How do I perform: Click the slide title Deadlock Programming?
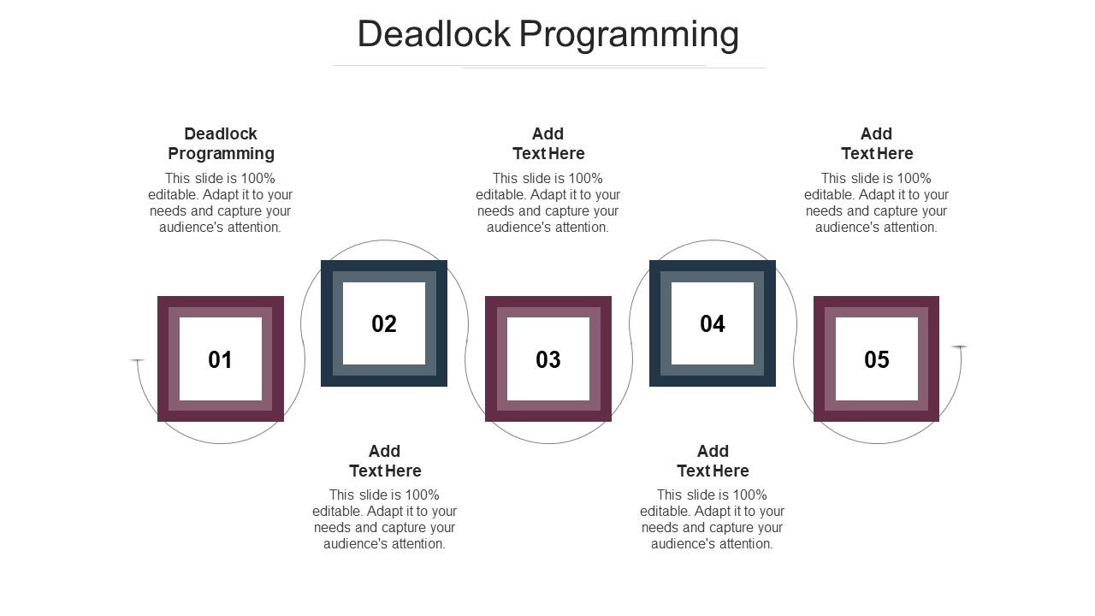[x=547, y=34]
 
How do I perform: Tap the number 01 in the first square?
[x=220, y=360]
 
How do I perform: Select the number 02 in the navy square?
[x=384, y=324]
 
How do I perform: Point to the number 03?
[x=548, y=360]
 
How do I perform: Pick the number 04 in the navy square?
[x=713, y=324]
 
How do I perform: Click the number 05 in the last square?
[x=877, y=360]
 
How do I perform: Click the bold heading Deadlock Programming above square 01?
[x=221, y=144]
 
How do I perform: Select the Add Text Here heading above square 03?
[x=548, y=144]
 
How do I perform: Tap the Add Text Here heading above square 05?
[x=877, y=144]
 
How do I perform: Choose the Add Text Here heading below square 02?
[x=385, y=461]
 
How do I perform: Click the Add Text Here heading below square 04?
[x=713, y=461]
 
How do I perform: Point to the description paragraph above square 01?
[x=221, y=203]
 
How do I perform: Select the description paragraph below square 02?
[x=385, y=519]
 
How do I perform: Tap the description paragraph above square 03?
[x=548, y=203]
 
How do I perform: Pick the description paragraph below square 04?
[x=713, y=519]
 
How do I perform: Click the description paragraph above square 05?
[x=877, y=203]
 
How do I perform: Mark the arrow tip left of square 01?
[x=137, y=361]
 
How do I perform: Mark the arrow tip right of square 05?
[x=960, y=346]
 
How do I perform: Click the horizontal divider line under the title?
[x=547, y=66]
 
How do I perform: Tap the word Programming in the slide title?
[x=630, y=34]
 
